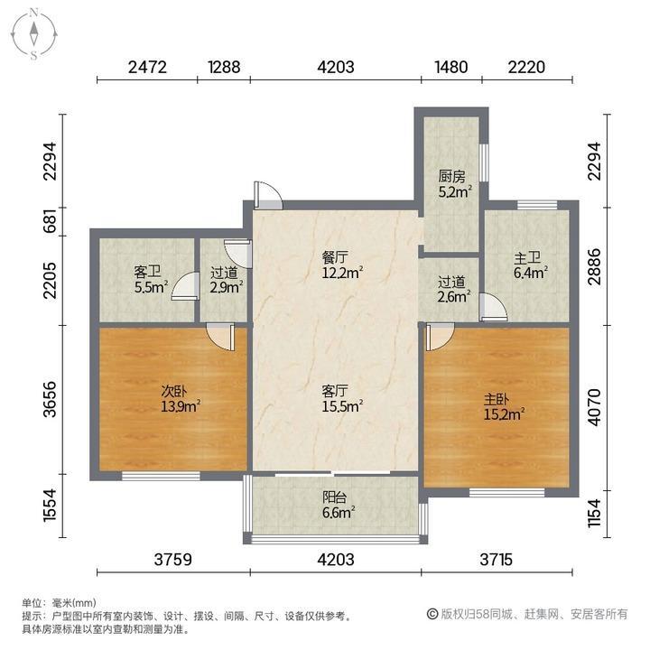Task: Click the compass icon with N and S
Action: click(33, 34)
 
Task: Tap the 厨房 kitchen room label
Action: click(451, 177)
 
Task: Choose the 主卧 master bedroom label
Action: click(497, 400)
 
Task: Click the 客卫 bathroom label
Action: click(146, 271)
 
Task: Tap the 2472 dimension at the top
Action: click(147, 66)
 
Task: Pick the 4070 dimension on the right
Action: click(593, 407)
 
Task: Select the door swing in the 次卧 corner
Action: click(219, 336)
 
